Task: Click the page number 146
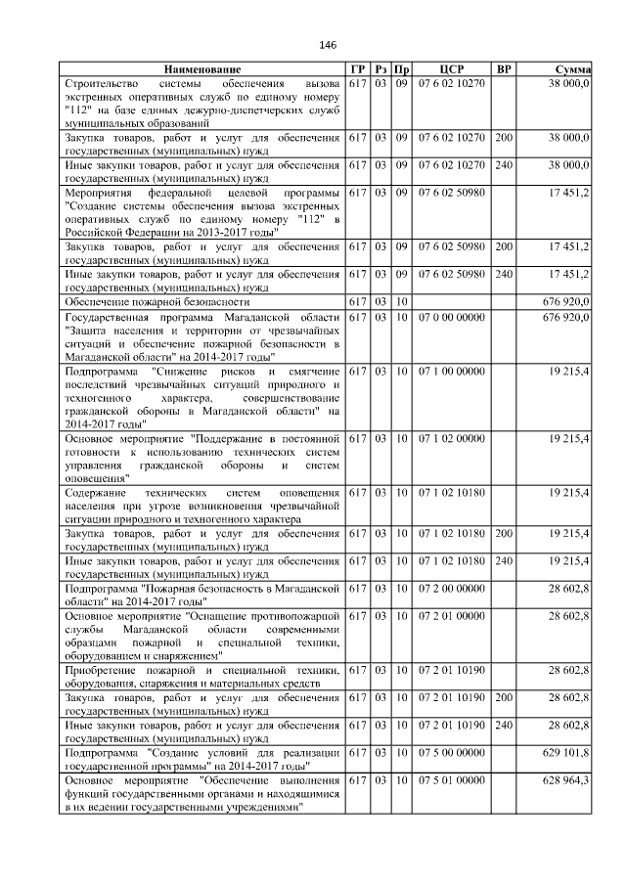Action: (x=327, y=46)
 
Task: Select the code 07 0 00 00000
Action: (x=451, y=319)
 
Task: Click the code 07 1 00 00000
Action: (x=451, y=372)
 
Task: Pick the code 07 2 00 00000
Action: (x=451, y=588)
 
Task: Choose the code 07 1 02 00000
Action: (x=451, y=439)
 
